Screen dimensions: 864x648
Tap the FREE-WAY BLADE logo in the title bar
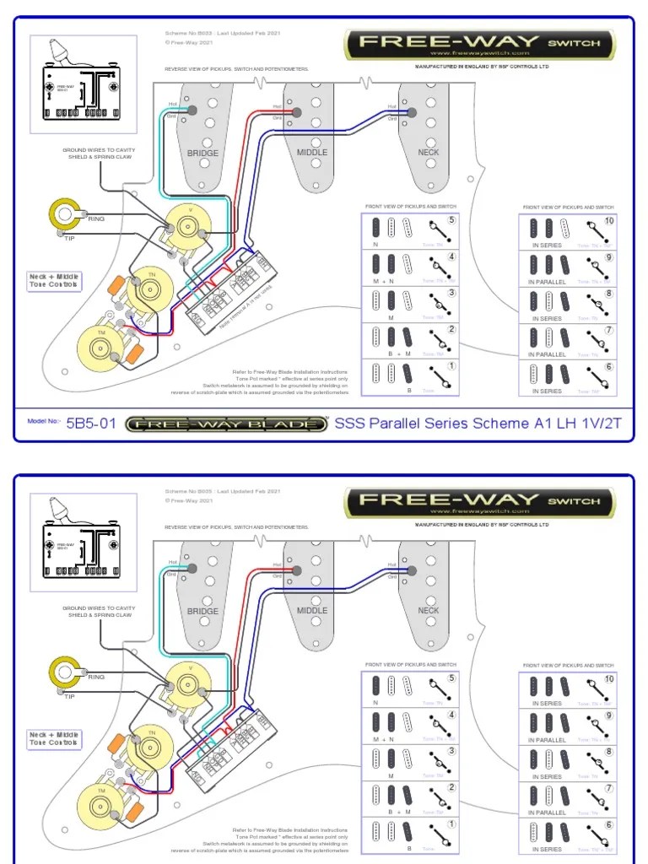point(226,424)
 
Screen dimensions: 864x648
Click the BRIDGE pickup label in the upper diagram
point(202,154)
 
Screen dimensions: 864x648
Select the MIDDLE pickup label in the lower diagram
point(312,611)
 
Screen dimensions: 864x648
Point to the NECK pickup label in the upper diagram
point(429,153)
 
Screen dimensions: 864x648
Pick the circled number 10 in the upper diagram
point(609,221)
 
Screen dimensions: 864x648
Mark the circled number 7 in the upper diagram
point(609,330)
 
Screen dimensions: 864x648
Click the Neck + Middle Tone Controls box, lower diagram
point(54,739)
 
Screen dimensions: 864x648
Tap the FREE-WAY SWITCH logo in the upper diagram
point(479,43)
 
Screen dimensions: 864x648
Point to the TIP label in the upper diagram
point(70,239)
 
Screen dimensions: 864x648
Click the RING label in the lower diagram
point(96,677)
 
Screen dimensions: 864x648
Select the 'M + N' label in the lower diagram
point(385,739)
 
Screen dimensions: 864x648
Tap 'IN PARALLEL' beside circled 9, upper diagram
point(548,282)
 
